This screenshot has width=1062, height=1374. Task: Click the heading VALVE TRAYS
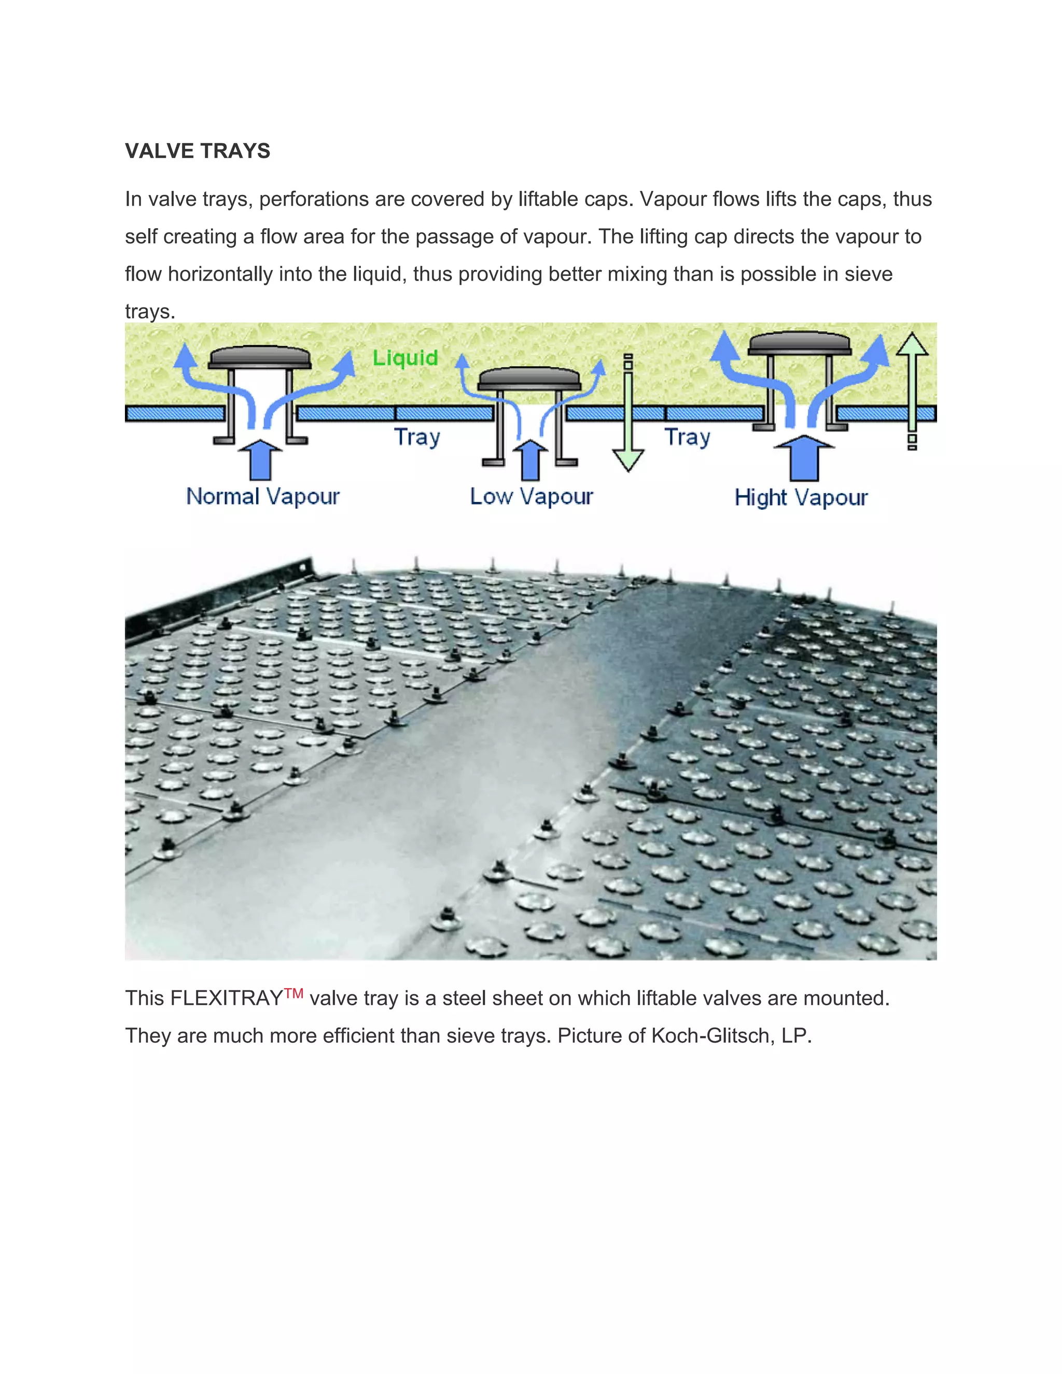click(198, 151)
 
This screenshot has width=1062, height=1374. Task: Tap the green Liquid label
click(405, 358)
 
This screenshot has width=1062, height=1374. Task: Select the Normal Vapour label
click(262, 496)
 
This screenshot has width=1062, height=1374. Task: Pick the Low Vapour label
click(531, 496)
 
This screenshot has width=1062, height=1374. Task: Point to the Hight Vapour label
click(801, 498)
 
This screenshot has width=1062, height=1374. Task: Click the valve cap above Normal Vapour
click(259, 357)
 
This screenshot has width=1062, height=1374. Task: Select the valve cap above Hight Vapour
click(799, 343)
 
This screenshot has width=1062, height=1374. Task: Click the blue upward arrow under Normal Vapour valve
click(260, 459)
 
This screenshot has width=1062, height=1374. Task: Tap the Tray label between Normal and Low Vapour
click(416, 437)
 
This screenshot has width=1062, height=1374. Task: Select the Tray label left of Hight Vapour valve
click(687, 437)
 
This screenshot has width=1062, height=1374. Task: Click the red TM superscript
click(294, 993)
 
